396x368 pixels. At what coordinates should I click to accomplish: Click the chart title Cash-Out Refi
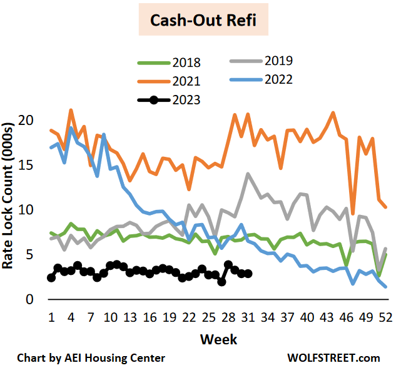click(200, 21)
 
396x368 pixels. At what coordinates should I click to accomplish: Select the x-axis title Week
click(218, 339)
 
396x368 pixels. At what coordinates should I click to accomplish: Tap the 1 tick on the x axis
click(51, 317)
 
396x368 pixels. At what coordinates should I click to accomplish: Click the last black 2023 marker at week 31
click(248, 274)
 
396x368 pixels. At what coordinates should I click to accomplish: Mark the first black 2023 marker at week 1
click(51, 277)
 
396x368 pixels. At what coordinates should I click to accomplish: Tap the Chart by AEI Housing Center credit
click(91, 358)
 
